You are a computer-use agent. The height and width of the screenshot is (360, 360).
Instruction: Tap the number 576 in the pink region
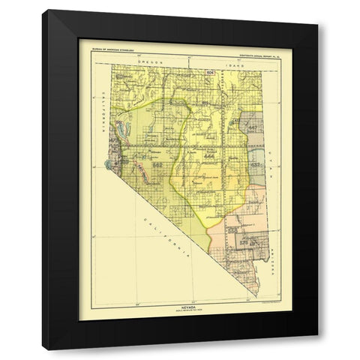point(244,241)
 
